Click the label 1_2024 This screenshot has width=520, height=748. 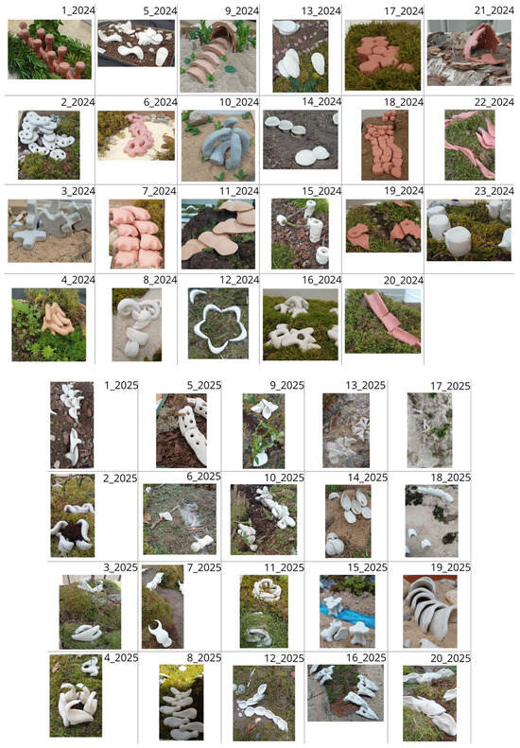pos(78,10)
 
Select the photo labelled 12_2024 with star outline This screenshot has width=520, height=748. pos(218,323)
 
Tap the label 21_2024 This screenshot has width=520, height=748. pos(494,10)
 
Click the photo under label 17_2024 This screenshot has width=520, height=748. pos(383,56)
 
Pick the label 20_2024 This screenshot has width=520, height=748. pos(404,280)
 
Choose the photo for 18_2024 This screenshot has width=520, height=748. pos(385,145)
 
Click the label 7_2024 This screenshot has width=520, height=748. pos(160,191)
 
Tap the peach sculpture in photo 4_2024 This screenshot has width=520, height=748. pos(57,318)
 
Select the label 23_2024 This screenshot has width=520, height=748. pos(494,191)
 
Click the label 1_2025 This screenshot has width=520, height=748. pos(121,386)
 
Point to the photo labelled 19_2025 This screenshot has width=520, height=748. pos(430,611)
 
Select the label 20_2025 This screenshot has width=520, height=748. pos(450,658)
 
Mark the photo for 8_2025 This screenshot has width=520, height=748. pos(182,702)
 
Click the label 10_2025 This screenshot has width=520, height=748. pos(284,478)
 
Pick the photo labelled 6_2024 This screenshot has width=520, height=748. pos(136,135)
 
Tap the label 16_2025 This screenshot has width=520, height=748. pos(366,658)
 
